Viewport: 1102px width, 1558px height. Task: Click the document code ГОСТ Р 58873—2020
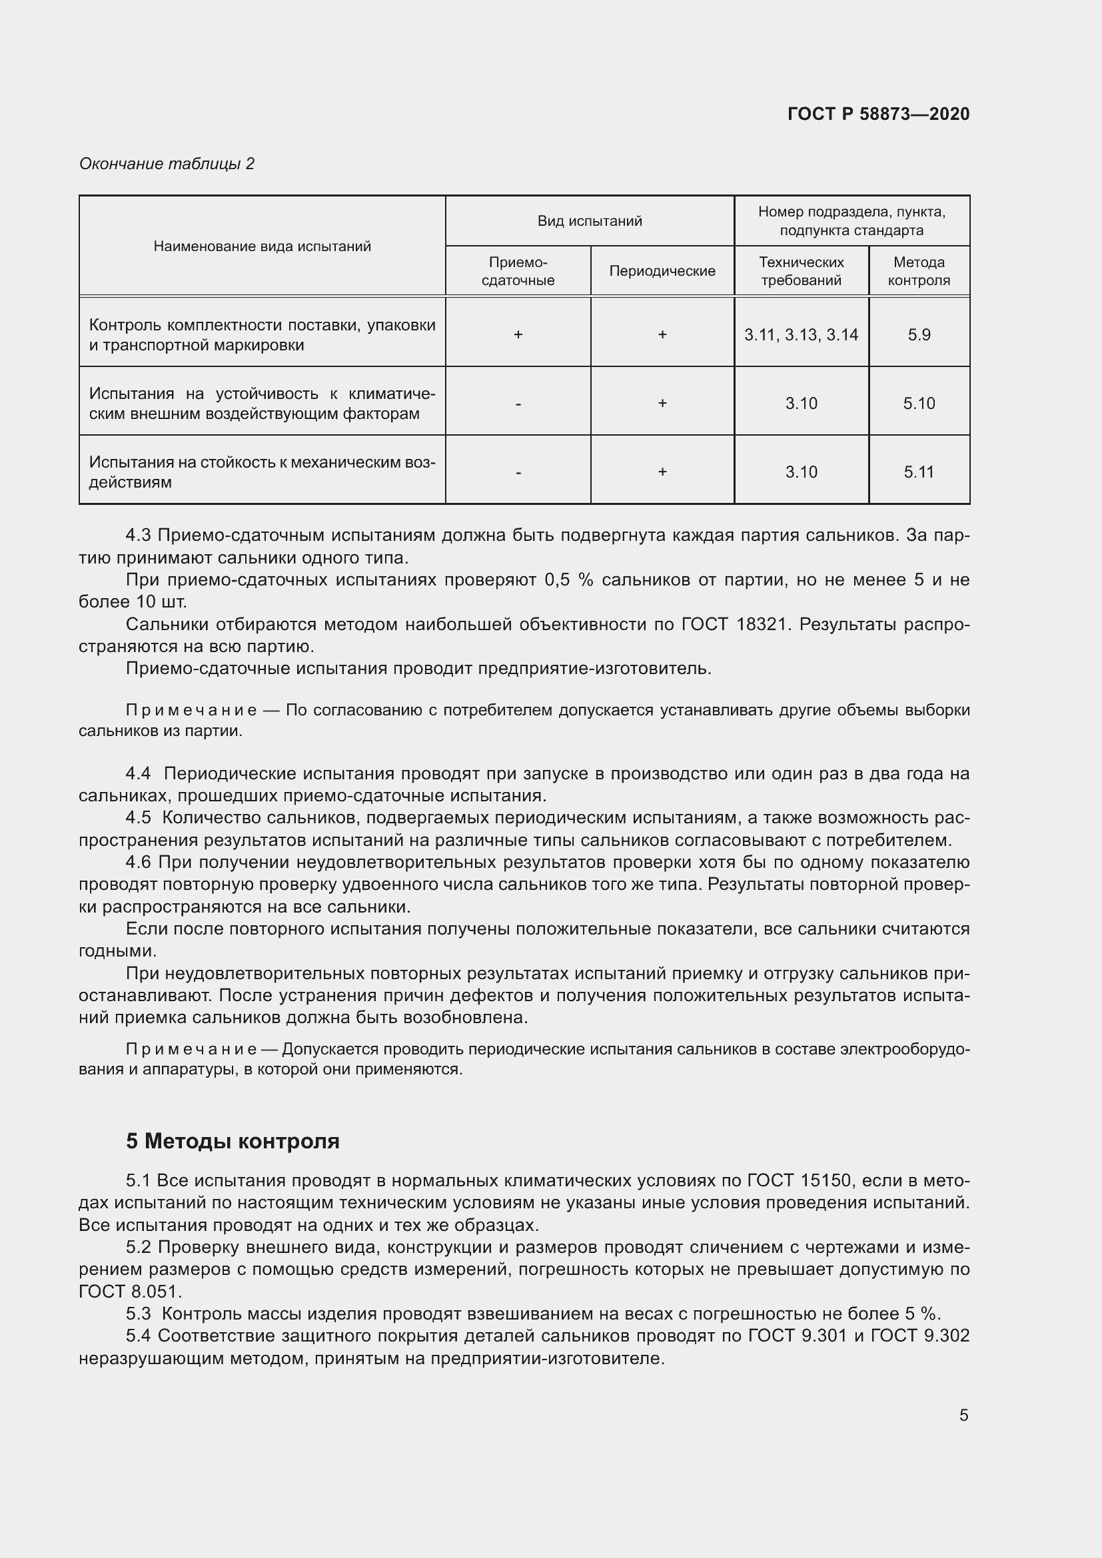coord(878,114)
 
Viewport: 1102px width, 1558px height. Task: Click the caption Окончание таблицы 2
coord(167,164)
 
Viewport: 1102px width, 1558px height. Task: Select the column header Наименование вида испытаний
coord(262,246)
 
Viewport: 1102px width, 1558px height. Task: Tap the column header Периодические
coord(662,271)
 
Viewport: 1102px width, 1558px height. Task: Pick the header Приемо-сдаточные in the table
coord(518,271)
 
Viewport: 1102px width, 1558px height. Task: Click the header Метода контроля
coord(918,271)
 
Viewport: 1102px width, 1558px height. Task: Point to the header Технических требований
coord(801,271)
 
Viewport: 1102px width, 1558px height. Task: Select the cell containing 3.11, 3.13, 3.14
coord(801,335)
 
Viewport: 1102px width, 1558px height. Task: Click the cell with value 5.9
coord(919,335)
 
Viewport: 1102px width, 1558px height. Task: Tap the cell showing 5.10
coord(919,404)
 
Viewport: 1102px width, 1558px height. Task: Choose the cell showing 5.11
coord(919,472)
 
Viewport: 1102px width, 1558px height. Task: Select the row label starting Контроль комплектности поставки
coord(262,335)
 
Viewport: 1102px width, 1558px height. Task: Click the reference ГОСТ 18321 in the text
coord(735,624)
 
